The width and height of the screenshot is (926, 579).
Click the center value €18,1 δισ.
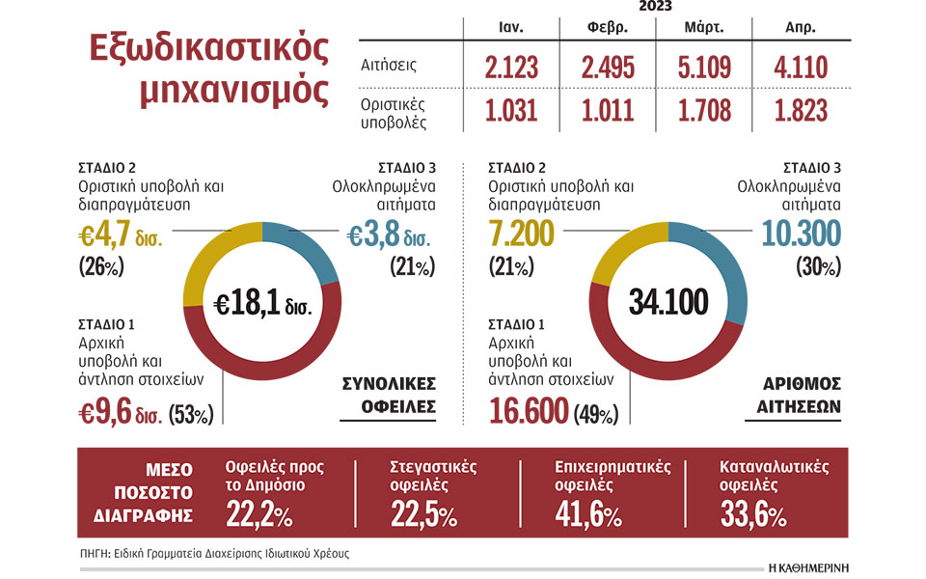[261, 306]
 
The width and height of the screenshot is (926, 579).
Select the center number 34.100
[667, 303]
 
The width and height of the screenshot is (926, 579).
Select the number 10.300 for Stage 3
[800, 233]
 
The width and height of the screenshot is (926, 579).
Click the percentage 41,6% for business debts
[588, 516]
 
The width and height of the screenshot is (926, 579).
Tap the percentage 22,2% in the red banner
[259, 516]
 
